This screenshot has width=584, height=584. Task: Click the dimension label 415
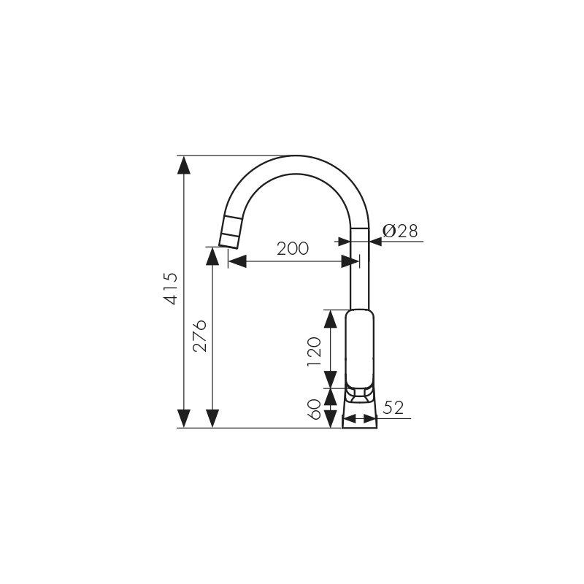(x=170, y=288)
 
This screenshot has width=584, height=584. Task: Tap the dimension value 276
(x=199, y=335)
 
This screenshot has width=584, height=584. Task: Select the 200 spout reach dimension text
(x=293, y=248)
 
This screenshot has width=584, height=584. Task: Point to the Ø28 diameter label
(x=400, y=231)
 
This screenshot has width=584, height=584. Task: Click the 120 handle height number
(x=315, y=351)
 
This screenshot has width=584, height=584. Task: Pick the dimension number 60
(x=315, y=409)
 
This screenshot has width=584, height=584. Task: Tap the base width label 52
(x=393, y=407)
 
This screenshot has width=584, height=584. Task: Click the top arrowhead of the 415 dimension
(x=184, y=164)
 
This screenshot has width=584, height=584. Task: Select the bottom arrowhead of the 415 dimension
(x=184, y=418)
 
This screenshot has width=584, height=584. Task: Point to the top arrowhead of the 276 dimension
(x=212, y=256)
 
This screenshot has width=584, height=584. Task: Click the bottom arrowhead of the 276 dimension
(x=212, y=418)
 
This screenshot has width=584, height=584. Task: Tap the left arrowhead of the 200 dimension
(x=237, y=261)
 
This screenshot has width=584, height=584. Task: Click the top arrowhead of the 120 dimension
(x=331, y=318)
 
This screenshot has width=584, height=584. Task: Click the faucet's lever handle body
(x=361, y=349)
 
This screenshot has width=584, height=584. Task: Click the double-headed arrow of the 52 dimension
(x=359, y=418)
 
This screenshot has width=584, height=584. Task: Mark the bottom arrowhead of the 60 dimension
(x=331, y=419)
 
